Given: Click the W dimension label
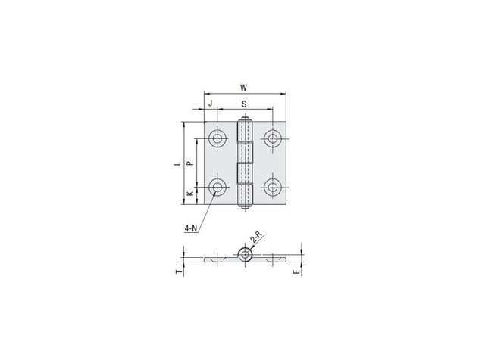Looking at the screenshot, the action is point(244,88).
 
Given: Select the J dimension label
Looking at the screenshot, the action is point(211,103).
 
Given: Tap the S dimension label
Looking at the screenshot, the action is point(244,104).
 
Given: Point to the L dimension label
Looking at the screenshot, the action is point(177,163).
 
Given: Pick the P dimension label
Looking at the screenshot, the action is point(190,163).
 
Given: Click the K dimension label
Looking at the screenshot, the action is point(190,194).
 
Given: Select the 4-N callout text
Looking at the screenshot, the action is point(190,228).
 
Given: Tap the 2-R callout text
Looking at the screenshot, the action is point(256,237).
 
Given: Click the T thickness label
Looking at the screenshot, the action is point(178,271).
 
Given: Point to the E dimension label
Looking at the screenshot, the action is point(296,271).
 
